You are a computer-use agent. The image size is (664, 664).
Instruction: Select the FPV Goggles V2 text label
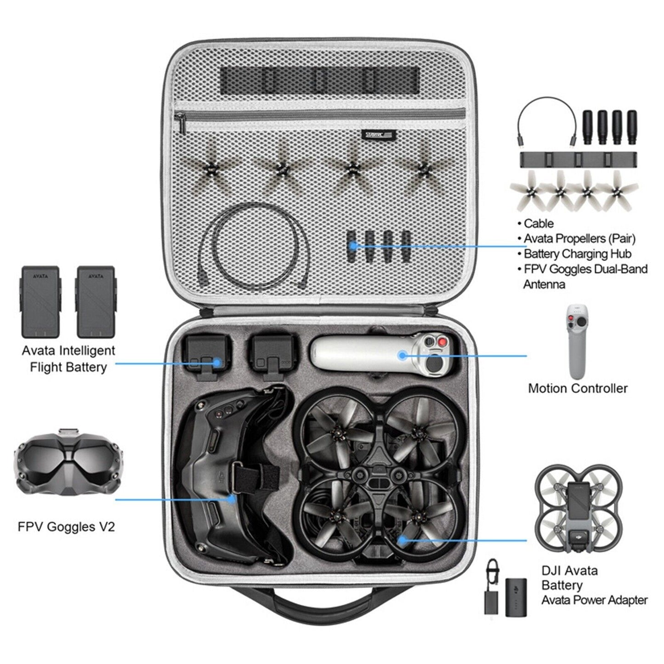tap(66, 526)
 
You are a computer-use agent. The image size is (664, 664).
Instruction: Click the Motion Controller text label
tap(578, 388)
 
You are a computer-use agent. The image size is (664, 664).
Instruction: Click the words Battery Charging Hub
tap(577, 254)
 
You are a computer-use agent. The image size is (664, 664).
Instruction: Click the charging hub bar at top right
tap(578, 159)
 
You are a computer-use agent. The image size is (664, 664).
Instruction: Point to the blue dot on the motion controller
tap(403, 355)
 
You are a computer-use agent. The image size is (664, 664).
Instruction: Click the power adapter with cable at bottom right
tap(491, 588)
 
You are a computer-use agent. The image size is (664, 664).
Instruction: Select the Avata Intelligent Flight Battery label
tap(68, 358)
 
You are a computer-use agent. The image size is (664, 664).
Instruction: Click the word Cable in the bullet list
tap(539, 224)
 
